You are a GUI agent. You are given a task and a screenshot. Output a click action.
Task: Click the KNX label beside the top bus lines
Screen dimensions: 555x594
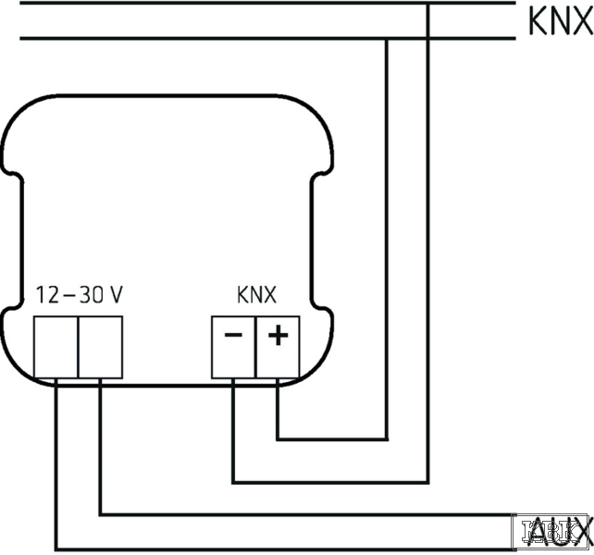560,20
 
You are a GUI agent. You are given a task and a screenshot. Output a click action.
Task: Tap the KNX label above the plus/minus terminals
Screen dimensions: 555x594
256,296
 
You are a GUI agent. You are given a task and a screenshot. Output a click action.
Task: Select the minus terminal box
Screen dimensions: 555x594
233,347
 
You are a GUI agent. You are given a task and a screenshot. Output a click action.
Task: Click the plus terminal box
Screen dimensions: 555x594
277,347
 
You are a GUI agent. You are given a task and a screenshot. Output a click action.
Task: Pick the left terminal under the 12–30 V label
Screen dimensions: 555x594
56,347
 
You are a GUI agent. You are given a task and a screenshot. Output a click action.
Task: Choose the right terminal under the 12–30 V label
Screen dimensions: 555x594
100,347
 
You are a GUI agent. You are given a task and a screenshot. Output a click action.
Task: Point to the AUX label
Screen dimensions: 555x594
553,531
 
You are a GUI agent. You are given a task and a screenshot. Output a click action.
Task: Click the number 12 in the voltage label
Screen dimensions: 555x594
47,296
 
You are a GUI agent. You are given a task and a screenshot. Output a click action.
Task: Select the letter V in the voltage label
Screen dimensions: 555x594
117,296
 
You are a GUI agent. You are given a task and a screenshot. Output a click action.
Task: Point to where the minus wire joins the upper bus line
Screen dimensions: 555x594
428,4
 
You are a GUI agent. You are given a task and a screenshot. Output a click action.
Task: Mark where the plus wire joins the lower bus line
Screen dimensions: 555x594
387,39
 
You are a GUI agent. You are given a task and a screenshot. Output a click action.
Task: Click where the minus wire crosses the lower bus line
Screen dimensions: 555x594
428,38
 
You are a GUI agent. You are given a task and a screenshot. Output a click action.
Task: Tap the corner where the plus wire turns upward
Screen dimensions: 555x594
387,438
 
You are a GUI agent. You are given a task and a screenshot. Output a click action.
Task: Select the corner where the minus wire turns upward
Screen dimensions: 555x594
428,482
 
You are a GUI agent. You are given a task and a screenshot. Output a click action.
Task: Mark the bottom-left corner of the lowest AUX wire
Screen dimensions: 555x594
57,549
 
